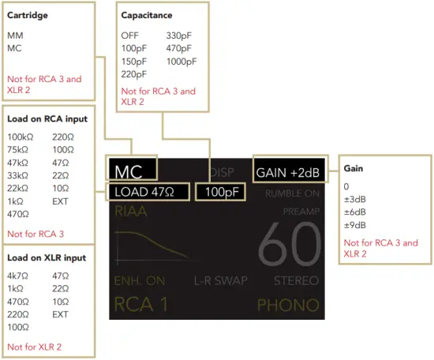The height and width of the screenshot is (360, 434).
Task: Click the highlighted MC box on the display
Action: (x=133, y=171)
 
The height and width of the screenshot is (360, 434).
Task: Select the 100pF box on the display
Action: (x=221, y=192)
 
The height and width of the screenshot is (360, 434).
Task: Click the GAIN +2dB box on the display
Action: (x=286, y=171)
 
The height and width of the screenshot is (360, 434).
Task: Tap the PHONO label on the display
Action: (x=288, y=305)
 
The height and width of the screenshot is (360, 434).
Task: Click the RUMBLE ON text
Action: (x=292, y=192)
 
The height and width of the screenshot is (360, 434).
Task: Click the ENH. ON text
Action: (x=139, y=280)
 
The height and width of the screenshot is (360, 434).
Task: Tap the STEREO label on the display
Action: (x=296, y=280)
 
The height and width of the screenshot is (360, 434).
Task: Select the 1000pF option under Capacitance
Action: (x=181, y=62)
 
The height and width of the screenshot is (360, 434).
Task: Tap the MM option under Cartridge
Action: (x=15, y=36)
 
